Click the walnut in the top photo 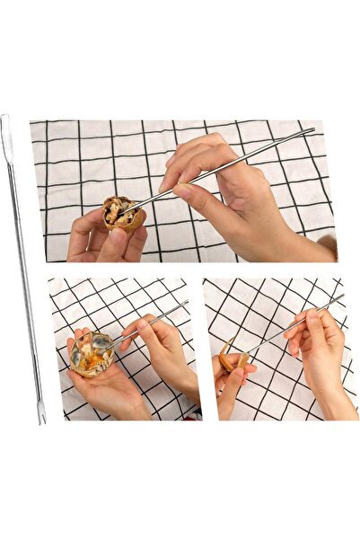click(x=122, y=215)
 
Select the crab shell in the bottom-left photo click(x=92, y=352)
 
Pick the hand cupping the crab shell click(x=103, y=386)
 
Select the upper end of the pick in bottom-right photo click(x=341, y=297)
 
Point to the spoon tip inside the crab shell click(x=101, y=342)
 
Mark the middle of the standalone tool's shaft click(x=22, y=270)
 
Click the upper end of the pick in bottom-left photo click(x=186, y=304)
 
